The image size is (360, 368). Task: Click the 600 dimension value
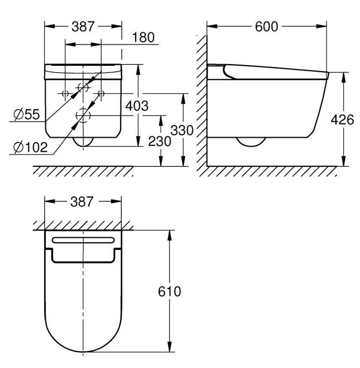coord(266,27)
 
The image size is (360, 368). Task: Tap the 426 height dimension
coord(342,120)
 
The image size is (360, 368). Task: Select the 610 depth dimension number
coord(169,291)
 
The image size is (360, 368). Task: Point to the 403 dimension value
coord(137,106)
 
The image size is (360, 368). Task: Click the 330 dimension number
coord(182,130)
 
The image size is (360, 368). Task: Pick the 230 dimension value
coord(159,142)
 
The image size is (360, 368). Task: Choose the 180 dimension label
coord(143,37)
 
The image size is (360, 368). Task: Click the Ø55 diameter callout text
coord(27,115)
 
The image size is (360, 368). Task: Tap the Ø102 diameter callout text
coord(31,147)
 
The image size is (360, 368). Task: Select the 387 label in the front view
coord(83,27)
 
